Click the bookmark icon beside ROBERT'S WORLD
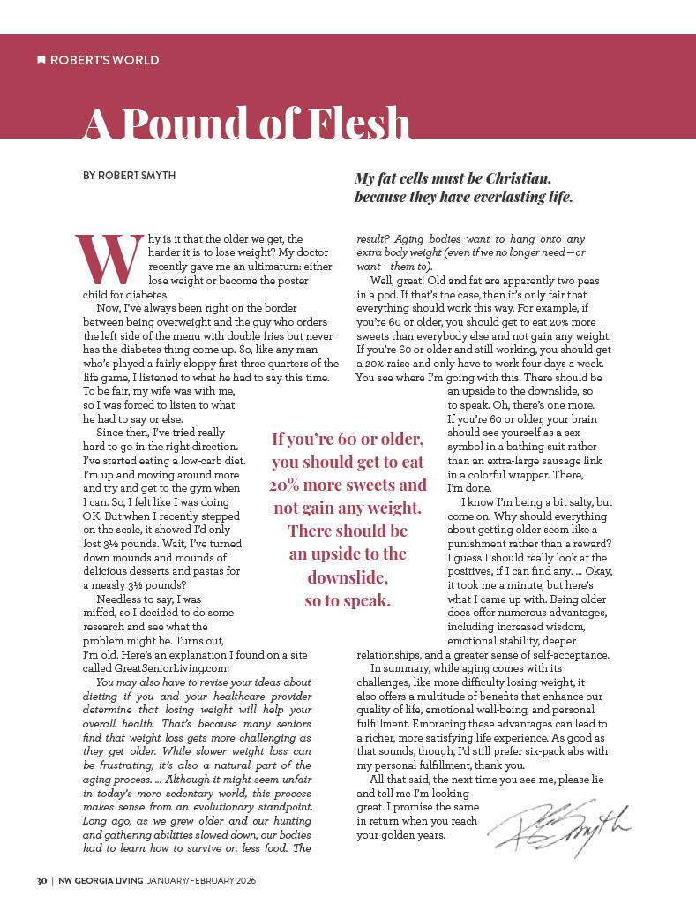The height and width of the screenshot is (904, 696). [x=41, y=60]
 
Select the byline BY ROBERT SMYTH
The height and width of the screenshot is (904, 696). [x=129, y=176]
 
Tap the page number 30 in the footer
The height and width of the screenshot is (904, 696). [x=41, y=881]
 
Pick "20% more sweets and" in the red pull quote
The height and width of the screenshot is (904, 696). [x=348, y=485]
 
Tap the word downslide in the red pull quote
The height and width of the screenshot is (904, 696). [x=348, y=577]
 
